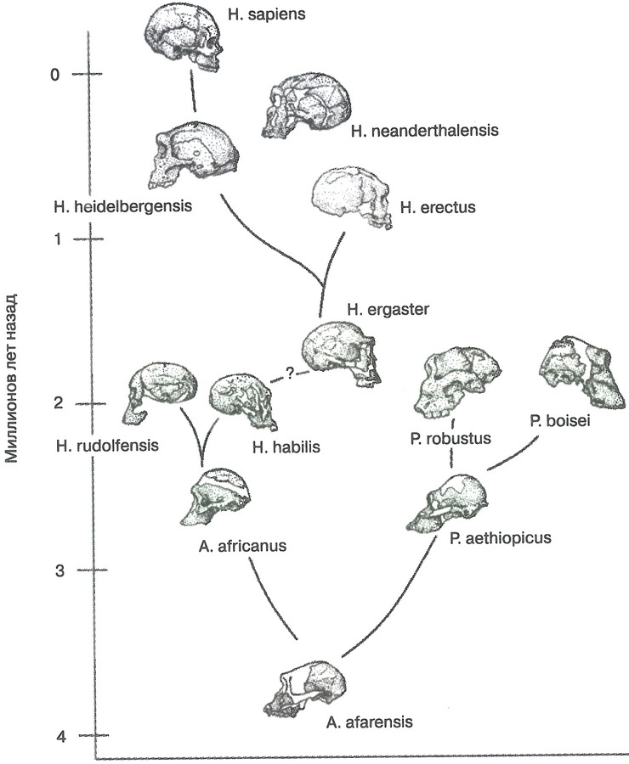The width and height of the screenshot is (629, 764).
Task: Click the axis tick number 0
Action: click(55, 75)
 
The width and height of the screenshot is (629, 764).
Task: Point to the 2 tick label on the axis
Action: click(58, 402)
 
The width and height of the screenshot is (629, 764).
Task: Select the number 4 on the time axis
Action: click(60, 736)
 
